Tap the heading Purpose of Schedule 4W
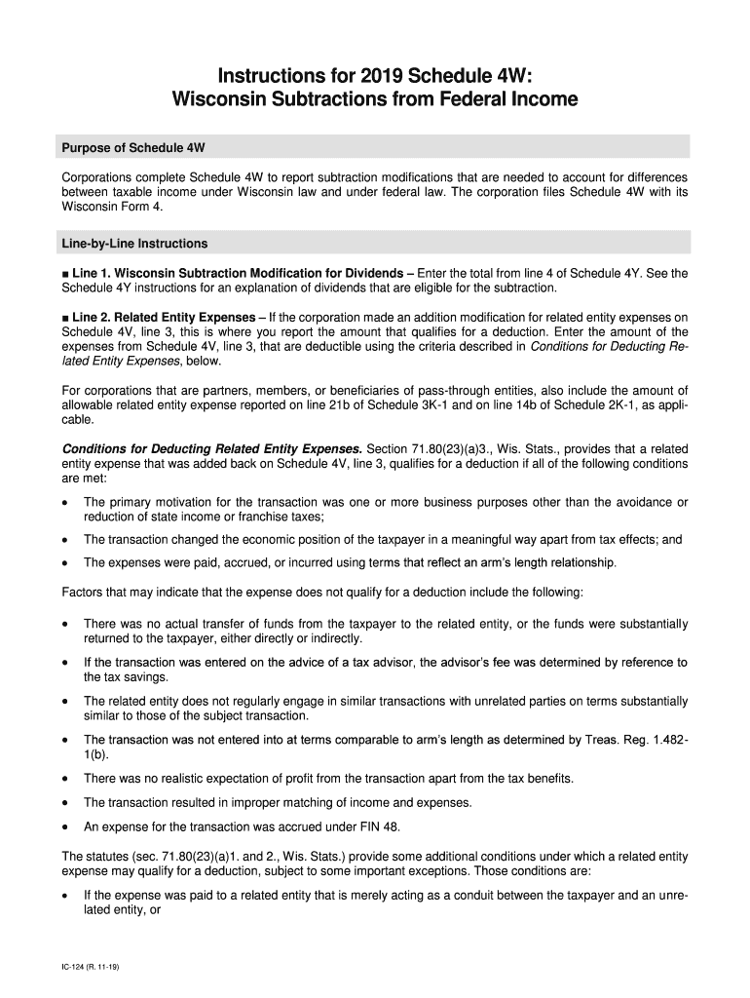coord(133,147)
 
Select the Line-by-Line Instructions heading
coord(134,243)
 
